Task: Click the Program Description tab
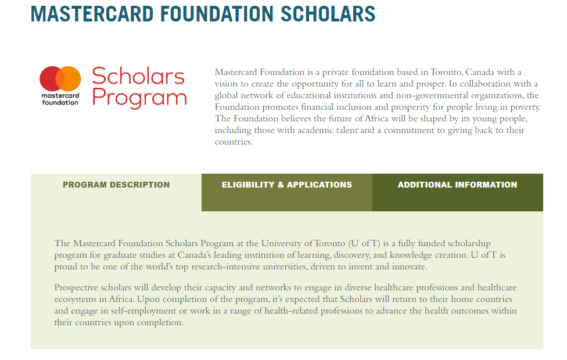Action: pos(116,185)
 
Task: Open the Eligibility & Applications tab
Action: pos(286,185)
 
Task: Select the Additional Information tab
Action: pos(457,185)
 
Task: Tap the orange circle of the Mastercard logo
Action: pos(71,78)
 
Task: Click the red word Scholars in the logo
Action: pos(138,76)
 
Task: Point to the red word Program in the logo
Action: pos(139,97)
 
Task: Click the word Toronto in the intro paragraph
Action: pos(446,73)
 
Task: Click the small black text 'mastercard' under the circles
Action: pos(60,95)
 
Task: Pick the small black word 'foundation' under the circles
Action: pos(60,102)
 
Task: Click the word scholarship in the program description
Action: pos(470,243)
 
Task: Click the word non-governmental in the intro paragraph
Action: pos(415,96)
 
